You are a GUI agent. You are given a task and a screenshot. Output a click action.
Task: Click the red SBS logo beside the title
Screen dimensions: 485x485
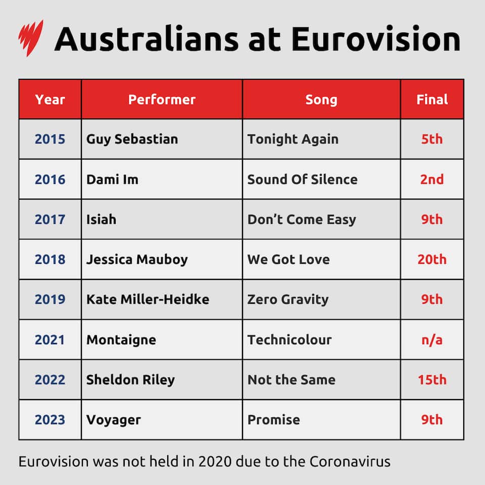(x=31, y=38)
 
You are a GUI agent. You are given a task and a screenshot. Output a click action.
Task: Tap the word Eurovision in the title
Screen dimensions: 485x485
(x=375, y=39)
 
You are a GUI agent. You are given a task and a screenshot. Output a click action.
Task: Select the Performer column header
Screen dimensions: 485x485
(x=162, y=100)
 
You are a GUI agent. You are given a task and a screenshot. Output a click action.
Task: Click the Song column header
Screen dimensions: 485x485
(x=321, y=100)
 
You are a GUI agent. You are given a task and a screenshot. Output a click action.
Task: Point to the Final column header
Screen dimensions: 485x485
(x=432, y=100)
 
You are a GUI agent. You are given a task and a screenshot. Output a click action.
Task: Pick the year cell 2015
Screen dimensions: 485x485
(x=50, y=139)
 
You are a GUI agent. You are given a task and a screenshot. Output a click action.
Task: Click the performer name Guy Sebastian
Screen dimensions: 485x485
(x=132, y=139)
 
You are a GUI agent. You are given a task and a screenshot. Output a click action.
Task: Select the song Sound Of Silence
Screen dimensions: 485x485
(x=302, y=179)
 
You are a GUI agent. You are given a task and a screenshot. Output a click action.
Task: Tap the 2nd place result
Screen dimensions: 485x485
(x=432, y=179)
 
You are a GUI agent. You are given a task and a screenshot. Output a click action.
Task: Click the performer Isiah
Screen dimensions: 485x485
(x=101, y=219)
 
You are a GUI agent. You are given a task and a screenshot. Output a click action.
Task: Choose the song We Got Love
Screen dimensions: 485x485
(x=288, y=259)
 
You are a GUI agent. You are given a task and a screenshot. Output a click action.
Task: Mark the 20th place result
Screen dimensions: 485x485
(x=432, y=259)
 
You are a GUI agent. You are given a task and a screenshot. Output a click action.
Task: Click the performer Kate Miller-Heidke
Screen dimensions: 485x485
(x=148, y=299)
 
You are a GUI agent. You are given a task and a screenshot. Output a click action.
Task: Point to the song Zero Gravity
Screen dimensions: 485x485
(x=288, y=299)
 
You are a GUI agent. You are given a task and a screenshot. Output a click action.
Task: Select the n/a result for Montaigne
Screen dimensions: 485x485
(x=432, y=339)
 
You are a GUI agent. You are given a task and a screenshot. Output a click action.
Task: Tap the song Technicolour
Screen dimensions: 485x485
(x=289, y=339)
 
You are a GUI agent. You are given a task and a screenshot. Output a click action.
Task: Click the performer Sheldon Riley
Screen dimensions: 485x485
(x=130, y=379)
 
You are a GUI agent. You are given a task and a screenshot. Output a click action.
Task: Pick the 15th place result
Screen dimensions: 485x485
(x=432, y=379)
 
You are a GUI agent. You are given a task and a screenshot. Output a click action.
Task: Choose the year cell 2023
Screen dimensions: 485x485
(x=50, y=419)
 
